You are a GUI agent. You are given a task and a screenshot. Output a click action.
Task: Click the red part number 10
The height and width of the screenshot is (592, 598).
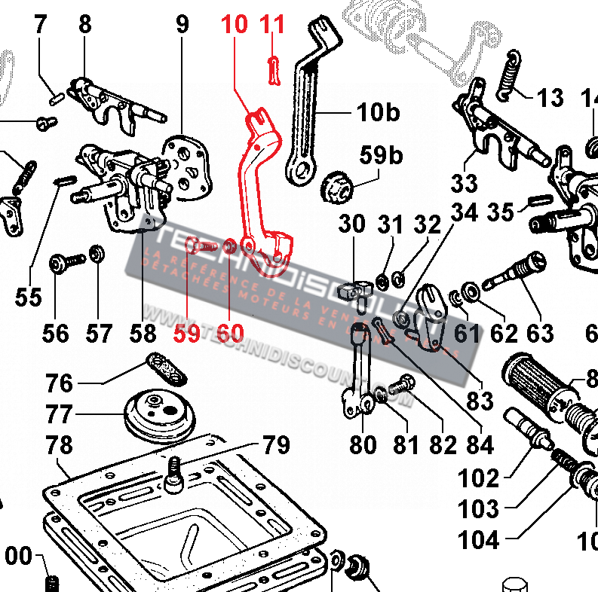pos(235,24)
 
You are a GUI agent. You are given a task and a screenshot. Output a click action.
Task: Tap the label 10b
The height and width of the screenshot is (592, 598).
pos(378,114)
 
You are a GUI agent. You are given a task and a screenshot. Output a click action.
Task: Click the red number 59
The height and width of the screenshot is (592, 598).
pos(186,331)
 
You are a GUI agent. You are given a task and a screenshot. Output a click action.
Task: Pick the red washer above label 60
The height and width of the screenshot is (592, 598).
pos(228,245)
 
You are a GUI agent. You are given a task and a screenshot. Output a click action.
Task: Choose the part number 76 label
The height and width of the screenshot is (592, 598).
pos(60,383)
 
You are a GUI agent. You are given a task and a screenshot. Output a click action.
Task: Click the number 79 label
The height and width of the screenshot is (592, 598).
pos(276,445)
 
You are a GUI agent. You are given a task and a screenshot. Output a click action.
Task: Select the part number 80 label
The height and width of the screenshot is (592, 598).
pos(363,444)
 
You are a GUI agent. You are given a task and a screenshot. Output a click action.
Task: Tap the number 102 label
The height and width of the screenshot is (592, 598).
pos(478,478)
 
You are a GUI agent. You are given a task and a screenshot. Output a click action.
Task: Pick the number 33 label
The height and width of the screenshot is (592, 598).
pos(465,182)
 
